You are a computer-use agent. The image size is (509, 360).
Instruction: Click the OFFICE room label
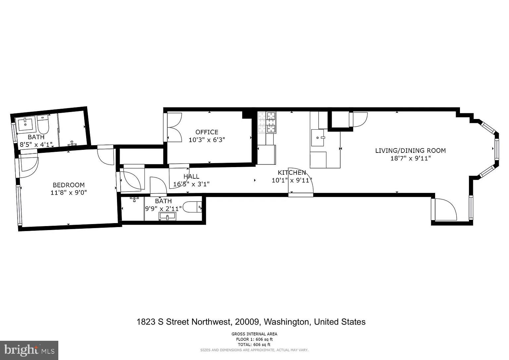pyautogui.click(x=207, y=132)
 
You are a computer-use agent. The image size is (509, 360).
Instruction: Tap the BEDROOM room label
pyautogui.click(x=69, y=185)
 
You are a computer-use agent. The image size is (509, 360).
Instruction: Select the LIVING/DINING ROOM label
pyautogui.click(x=410, y=150)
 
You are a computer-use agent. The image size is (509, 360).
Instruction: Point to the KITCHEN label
pyautogui.click(x=292, y=173)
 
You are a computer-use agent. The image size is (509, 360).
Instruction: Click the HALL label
pyautogui.click(x=191, y=177)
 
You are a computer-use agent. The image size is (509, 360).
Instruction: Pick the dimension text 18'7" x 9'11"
pyautogui.click(x=410, y=158)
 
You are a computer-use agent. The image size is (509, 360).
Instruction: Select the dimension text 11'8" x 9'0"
pyautogui.click(x=69, y=193)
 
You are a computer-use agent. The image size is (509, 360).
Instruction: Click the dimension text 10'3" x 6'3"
pyautogui.click(x=207, y=140)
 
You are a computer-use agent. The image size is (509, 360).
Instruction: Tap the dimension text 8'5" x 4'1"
pyautogui.click(x=36, y=145)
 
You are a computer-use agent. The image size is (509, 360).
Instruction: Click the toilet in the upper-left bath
pyautogui.click(x=43, y=124)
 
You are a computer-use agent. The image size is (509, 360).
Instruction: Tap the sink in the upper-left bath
pyautogui.click(x=25, y=125)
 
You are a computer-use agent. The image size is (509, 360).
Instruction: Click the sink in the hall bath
pyautogui.click(x=167, y=216)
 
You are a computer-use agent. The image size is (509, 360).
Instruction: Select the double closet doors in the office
pyautogui.click(x=174, y=127)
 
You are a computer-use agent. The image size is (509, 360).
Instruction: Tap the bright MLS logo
pyautogui.click(x=29, y=350)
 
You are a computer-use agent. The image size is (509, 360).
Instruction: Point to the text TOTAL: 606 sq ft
pyautogui.click(x=254, y=344)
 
